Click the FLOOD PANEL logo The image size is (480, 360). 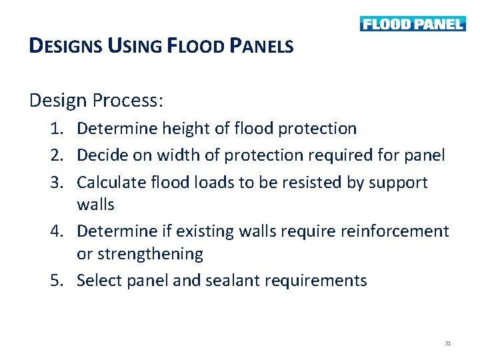(412, 24)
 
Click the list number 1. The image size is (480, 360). (57, 129)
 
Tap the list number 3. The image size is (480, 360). (57, 183)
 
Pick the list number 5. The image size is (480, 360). (57, 281)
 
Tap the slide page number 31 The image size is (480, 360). (447, 343)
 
